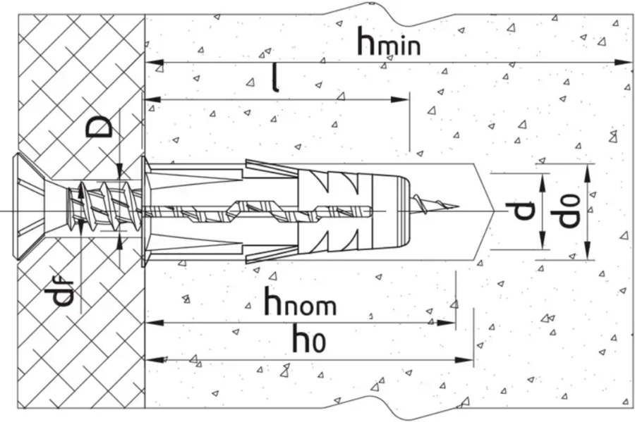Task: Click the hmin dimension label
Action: click(389, 42)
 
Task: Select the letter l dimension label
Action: click(276, 79)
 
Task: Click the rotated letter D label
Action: click(100, 128)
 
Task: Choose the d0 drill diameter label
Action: click(568, 209)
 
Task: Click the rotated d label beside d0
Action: click(522, 210)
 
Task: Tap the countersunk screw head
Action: click(29, 206)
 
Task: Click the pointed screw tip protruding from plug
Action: click(435, 204)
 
